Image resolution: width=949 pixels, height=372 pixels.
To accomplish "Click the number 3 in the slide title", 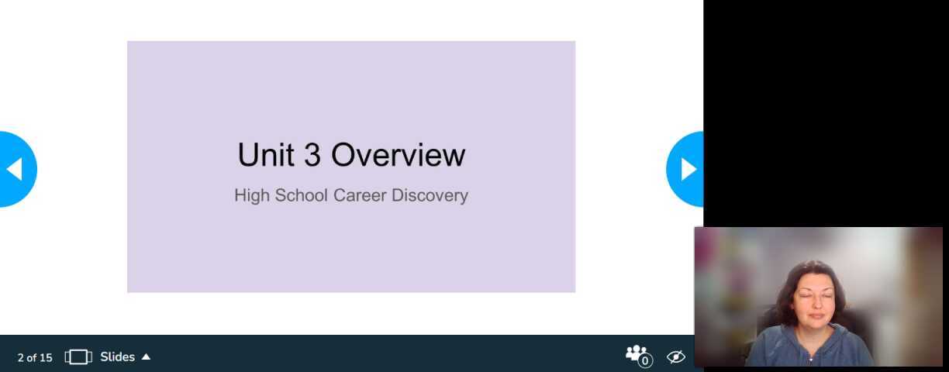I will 312,155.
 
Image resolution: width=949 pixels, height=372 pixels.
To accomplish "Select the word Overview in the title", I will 398,155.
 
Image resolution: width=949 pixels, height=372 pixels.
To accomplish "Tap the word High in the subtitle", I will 252,195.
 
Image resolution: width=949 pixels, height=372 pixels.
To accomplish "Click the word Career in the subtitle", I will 360,195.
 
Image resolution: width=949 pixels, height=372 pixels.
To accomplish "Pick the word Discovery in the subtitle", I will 430,195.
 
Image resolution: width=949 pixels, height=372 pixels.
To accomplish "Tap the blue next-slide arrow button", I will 686,169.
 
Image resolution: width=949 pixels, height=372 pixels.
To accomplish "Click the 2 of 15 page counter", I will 35,357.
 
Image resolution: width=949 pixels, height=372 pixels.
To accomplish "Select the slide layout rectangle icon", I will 78,357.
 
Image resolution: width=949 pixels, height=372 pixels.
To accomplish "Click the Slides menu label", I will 117,357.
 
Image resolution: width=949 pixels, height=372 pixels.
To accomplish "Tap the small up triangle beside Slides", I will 146,357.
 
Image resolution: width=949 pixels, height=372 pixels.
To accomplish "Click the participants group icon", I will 636,354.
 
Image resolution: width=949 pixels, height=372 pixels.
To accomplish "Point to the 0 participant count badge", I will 645,361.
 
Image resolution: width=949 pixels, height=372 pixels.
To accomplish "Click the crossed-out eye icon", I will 676,357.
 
